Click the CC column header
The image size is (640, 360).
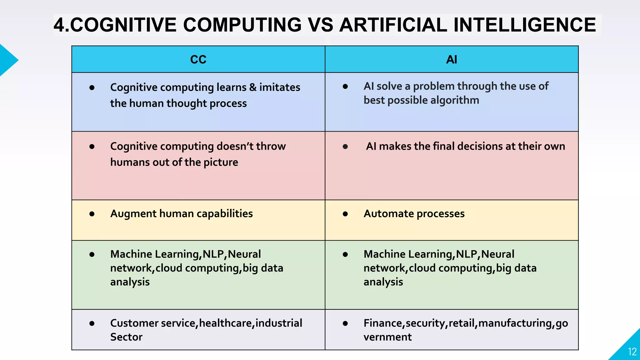pyautogui.click(x=198, y=59)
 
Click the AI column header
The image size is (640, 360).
pyautogui.click(x=451, y=59)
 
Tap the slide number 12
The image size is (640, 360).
pyautogui.click(x=632, y=352)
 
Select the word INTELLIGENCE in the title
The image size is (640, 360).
pyautogui.click(x=525, y=25)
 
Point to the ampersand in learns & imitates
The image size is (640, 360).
pyautogui.click(x=253, y=87)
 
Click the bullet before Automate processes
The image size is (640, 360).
pyautogui.click(x=345, y=214)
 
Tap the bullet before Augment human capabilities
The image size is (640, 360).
pyautogui.click(x=92, y=214)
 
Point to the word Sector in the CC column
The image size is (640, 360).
pyautogui.click(x=126, y=337)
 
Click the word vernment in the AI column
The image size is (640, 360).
pyautogui.click(x=387, y=337)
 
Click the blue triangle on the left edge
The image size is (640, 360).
pyautogui.click(x=7, y=60)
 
